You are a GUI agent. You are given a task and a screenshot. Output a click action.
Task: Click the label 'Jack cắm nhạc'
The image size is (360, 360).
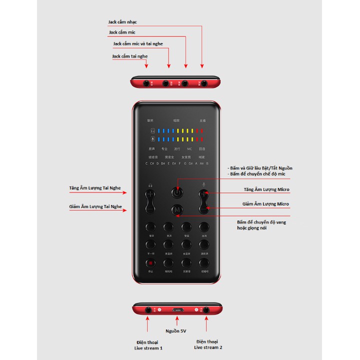click(x=122, y=22)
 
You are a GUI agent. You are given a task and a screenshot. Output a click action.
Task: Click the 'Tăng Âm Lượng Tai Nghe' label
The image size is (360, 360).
click(x=95, y=188)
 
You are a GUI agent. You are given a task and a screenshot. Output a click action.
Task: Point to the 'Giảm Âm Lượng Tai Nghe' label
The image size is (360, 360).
click(x=95, y=206)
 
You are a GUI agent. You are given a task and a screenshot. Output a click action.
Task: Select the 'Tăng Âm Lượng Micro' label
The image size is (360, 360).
click(x=266, y=190)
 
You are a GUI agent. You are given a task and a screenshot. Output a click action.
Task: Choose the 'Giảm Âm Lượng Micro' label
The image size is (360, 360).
click(x=265, y=204)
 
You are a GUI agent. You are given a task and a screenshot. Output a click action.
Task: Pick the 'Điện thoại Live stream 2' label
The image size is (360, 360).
click(x=208, y=344)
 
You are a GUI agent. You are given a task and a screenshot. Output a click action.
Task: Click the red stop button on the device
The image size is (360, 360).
click(x=150, y=262)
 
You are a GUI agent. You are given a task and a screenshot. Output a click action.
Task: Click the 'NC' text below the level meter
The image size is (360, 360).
click(x=189, y=148)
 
